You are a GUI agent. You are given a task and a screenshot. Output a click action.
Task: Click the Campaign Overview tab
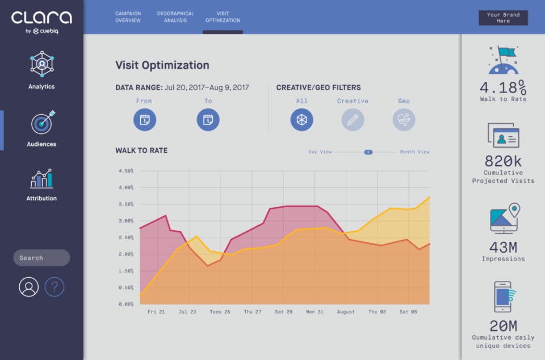coord(128,17)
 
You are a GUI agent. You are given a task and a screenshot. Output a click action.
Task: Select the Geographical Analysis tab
coord(175,17)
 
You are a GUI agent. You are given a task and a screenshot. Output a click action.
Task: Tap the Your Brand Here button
coord(503,18)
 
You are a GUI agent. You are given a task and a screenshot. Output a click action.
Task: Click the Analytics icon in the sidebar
coord(41,64)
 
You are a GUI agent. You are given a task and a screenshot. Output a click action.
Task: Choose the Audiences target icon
coord(43,122)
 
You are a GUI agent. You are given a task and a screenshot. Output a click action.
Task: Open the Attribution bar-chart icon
coord(41,179)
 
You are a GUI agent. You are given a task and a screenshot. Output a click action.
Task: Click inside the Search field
coord(41,258)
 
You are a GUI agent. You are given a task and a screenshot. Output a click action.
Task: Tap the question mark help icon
coord(54,287)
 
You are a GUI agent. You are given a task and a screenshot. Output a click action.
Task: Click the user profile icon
coord(29,287)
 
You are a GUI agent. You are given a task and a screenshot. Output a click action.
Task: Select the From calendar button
coord(145,120)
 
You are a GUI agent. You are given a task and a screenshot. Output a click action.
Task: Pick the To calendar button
coord(208,120)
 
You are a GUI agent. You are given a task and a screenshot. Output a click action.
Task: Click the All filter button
coord(301,120)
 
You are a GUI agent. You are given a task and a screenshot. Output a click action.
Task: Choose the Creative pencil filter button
coord(353,120)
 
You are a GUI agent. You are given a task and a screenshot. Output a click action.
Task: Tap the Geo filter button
coord(404,120)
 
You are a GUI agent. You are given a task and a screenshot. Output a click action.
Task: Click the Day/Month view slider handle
coord(368,152)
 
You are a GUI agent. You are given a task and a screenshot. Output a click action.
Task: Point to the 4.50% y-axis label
coord(126,171)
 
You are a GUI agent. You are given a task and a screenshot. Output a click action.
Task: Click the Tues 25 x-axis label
coord(220,312)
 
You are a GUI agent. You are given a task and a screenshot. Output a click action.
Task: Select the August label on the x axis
coord(346,312)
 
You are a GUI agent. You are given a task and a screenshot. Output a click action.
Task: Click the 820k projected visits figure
coord(503,161)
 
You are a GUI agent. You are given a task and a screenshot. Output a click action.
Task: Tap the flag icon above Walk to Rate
coord(504,60)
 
